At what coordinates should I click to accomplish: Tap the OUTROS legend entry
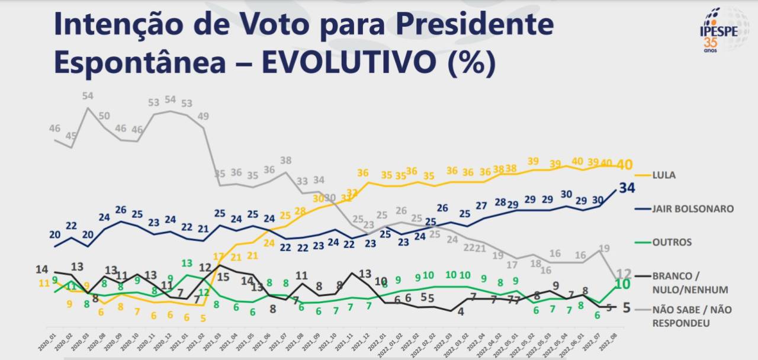pos(672,242)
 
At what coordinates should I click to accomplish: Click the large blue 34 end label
pos(627,188)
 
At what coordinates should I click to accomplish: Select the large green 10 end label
pos(621,284)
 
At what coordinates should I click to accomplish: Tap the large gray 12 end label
pos(624,274)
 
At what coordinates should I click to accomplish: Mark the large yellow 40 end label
pos(625,164)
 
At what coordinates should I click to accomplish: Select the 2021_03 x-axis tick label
pos(220,337)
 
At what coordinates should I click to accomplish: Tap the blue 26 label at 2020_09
pos(120,210)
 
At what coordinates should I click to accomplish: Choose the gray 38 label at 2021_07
pos(285,160)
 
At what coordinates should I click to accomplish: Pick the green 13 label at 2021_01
pos(187,263)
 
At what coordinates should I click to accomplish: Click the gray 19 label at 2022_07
pos(605,248)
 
